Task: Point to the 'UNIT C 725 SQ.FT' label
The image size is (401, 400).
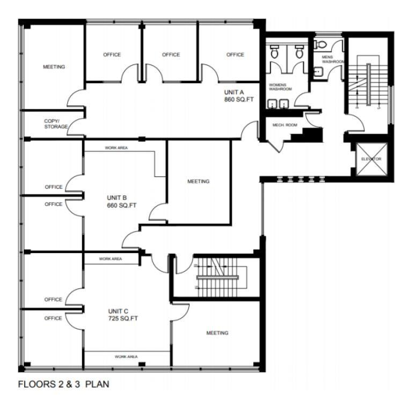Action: [123, 315]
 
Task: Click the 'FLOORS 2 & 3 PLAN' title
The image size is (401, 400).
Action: [64, 384]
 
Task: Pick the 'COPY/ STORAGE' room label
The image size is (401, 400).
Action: [56, 124]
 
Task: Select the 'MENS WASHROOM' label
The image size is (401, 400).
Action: [332, 59]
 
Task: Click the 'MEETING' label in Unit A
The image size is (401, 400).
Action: [54, 67]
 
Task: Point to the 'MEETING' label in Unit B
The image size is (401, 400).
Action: [198, 181]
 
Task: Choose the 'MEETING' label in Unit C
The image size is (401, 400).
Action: [217, 333]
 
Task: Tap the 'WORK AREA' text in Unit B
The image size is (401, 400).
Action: [116, 147]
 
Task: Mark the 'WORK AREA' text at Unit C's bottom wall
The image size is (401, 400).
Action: [126, 357]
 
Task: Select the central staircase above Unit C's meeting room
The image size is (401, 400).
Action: [220, 276]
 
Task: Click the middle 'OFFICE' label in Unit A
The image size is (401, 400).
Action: [171, 55]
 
